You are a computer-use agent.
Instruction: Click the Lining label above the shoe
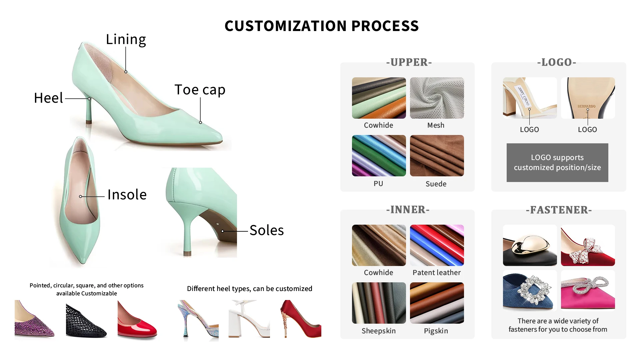126,39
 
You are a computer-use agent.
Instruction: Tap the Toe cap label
200,90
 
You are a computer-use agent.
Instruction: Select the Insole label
127,195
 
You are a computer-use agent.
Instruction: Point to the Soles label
267,230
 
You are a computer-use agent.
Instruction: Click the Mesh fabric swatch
437,98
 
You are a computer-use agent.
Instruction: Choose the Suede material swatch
437,156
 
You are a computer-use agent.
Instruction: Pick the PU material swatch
379,156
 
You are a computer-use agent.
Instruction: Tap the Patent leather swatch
437,245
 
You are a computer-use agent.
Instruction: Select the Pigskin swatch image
437,303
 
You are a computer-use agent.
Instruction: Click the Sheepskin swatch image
379,303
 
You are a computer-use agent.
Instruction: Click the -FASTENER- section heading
559,210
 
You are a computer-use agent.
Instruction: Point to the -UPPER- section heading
409,62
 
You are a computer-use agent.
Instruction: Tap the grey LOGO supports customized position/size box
557,163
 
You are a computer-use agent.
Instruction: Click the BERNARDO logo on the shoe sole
586,106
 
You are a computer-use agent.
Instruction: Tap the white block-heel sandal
249,319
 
